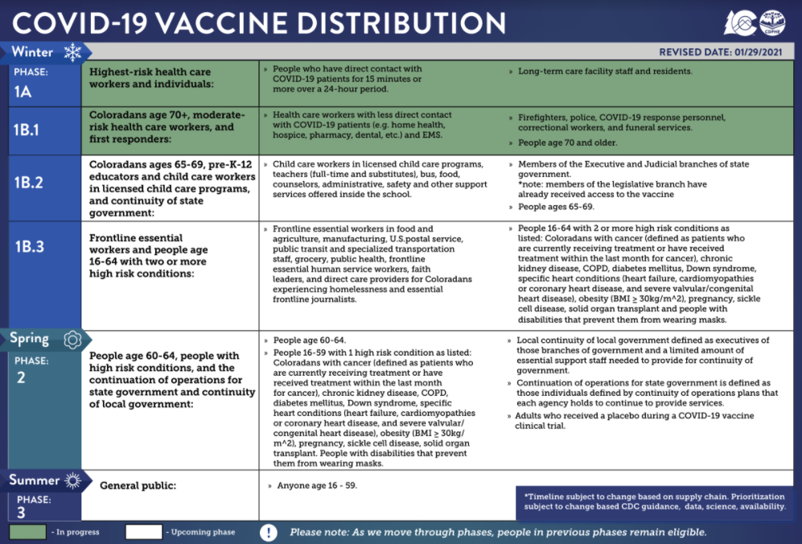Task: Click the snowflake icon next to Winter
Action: click(73, 53)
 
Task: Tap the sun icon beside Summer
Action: click(73, 481)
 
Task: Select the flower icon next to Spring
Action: click(72, 340)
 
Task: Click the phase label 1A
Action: click(23, 92)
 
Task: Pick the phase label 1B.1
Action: click(29, 128)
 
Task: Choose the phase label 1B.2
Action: click(29, 183)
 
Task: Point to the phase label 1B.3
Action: click(29, 247)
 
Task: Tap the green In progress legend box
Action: click(27, 532)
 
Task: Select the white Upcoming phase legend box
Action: click(143, 532)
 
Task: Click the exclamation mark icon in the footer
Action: click(269, 532)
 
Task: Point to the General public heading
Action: click(138, 486)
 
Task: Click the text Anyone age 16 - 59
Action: click(317, 486)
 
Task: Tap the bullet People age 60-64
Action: click(310, 340)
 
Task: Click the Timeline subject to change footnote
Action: click(654, 501)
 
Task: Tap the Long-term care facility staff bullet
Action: click(604, 72)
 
